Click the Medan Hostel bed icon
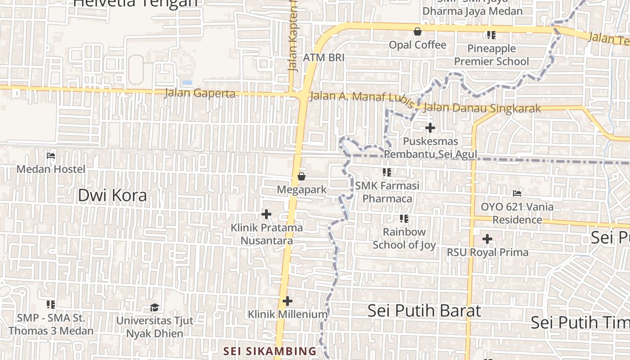[x=51, y=156]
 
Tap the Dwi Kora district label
[x=112, y=195]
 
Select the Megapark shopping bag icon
[x=301, y=176]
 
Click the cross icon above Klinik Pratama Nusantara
[x=266, y=214]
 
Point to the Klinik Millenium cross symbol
[x=288, y=301]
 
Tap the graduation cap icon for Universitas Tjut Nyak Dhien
[x=154, y=307]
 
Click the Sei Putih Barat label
[x=424, y=310]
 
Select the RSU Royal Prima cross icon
[x=487, y=239]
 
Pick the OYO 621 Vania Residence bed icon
[x=517, y=193]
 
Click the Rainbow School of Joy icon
[x=404, y=219]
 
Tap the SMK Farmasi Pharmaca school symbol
[x=387, y=172]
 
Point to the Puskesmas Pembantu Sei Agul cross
[x=430, y=128]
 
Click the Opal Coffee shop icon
[x=418, y=31]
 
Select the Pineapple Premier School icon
[x=491, y=35]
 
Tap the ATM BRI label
[x=324, y=58]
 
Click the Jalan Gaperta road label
[x=200, y=93]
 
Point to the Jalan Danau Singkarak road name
[x=482, y=108]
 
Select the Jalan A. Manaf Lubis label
[x=361, y=99]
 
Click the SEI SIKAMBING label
[x=270, y=351]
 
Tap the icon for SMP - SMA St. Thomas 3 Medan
[x=51, y=305]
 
